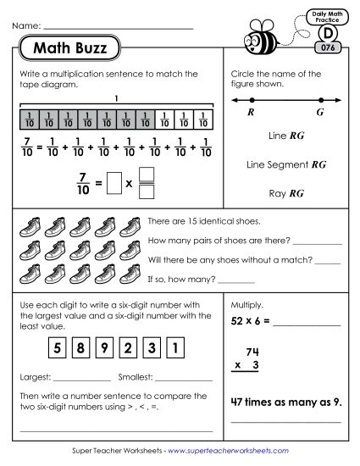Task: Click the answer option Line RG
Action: (285, 134)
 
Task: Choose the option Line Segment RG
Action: (285, 164)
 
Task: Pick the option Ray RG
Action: (285, 193)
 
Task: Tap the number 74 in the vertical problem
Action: (274, 349)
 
